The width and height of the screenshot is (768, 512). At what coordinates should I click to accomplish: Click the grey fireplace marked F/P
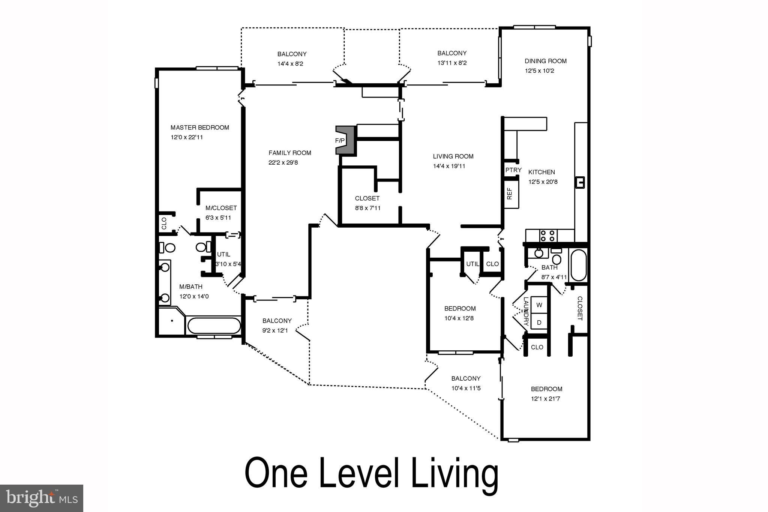tap(345, 140)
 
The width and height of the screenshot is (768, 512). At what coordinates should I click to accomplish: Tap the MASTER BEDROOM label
tap(199, 128)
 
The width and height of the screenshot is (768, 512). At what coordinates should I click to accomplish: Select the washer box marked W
tap(539, 305)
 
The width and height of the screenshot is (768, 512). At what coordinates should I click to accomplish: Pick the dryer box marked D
tap(539, 322)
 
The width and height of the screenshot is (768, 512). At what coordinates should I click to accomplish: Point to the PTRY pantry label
tap(513, 170)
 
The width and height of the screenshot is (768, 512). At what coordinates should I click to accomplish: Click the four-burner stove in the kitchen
tap(548, 236)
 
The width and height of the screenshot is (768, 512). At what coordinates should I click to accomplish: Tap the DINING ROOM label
tap(545, 61)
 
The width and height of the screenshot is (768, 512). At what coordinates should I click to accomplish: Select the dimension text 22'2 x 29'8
tap(283, 162)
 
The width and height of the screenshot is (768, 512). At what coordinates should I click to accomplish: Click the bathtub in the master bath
tap(214, 326)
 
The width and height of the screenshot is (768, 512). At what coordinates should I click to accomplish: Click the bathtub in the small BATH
tap(578, 265)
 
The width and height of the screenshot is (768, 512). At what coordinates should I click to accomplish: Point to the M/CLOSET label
tap(221, 208)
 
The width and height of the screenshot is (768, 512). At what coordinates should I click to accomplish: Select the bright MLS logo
tap(41, 498)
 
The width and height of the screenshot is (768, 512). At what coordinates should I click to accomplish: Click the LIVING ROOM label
tap(453, 156)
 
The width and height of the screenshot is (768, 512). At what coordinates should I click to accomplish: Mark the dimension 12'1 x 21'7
tap(545, 399)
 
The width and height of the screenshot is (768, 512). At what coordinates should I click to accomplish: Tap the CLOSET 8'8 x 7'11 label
tap(367, 198)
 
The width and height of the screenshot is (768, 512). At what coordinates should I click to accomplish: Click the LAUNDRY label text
tap(526, 311)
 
